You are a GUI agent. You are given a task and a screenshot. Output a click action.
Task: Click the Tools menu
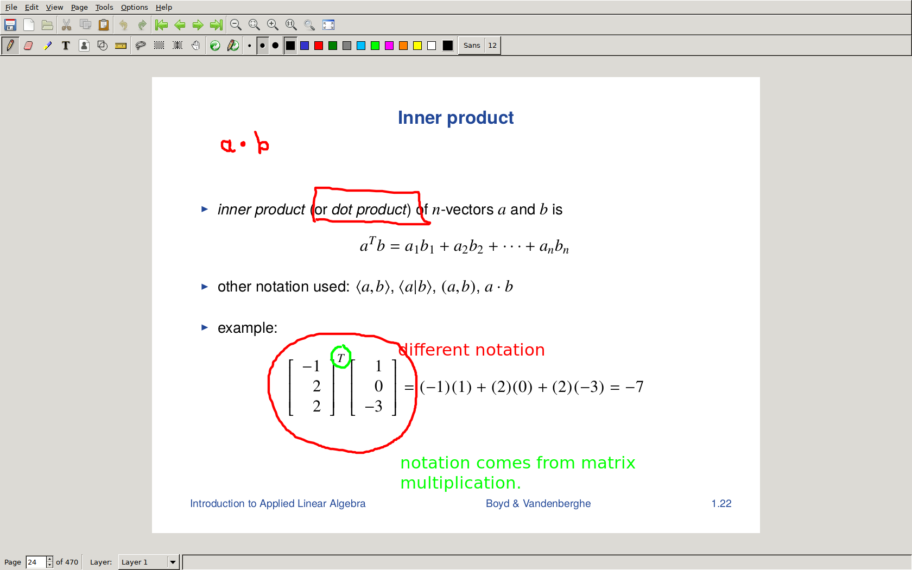104,8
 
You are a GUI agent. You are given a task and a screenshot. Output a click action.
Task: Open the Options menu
135,8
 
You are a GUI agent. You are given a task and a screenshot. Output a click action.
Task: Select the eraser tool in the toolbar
28,46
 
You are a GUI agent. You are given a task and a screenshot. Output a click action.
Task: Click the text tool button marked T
66,46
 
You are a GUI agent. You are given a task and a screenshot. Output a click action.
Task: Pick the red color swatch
318,46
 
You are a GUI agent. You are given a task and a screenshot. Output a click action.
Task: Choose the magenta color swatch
389,46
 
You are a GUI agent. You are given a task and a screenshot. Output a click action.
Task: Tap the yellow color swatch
417,46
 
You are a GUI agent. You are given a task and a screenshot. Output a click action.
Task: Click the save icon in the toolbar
10,25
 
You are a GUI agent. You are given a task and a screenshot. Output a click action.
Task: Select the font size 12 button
492,45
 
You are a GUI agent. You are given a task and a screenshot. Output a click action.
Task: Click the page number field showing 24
36,562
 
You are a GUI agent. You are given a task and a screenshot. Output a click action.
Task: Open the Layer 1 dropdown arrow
173,562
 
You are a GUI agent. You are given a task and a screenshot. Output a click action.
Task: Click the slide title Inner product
455,118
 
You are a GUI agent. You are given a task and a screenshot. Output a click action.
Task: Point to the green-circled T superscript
341,358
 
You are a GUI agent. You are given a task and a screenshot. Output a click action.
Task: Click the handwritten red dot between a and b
243,144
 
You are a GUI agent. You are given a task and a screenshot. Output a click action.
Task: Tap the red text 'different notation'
471,350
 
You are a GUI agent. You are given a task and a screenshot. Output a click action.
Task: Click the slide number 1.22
721,504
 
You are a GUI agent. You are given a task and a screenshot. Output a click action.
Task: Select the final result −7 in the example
634,387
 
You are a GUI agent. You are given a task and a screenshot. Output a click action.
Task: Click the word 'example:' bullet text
248,328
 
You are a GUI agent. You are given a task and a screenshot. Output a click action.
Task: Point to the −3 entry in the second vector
373,406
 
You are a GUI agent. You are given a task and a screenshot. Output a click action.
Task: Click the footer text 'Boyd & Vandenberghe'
539,504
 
